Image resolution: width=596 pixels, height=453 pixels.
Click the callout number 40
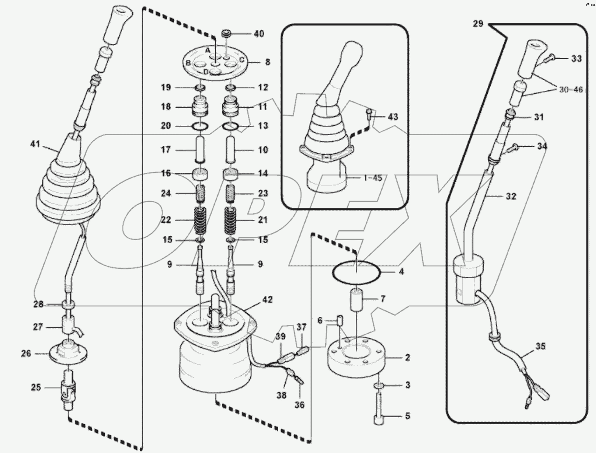[x=258, y=34]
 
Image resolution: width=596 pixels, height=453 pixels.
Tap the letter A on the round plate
[x=208, y=49]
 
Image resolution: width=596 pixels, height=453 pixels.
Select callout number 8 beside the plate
[x=267, y=62]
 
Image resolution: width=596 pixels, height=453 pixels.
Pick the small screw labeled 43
[x=369, y=112]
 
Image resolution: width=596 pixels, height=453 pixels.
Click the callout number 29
[x=478, y=24]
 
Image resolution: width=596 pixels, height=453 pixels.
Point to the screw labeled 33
[x=548, y=58]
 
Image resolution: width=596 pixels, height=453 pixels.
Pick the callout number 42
[x=267, y=300]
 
